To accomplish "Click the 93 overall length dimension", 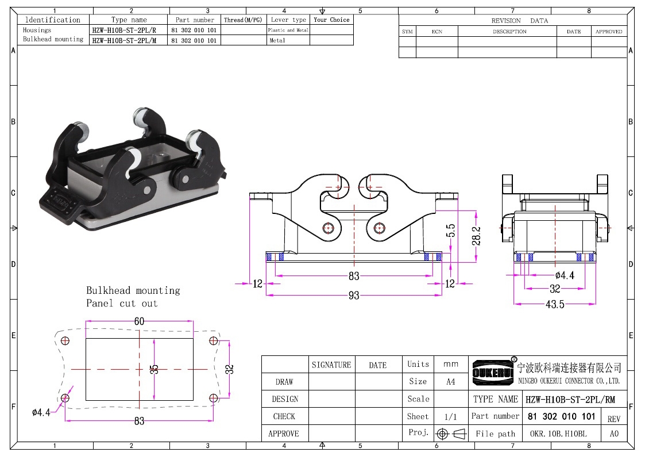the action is [354, 296].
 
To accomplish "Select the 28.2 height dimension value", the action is [476, 236].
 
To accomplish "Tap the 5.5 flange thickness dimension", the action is [451, 231].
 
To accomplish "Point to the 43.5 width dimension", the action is [555, 304].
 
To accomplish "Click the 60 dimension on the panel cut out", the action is [140, 321].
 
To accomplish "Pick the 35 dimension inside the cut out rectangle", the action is [155, 369].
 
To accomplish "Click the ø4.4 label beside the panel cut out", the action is [41, 412].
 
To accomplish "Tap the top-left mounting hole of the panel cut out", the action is [65, 341].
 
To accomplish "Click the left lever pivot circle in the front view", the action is [329, 228].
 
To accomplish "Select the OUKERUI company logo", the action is [493, 373].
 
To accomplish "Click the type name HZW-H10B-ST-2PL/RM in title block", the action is [570, 399].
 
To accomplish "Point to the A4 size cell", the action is [451, 382].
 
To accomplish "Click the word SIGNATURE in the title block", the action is [331, 365].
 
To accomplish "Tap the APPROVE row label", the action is [284, 434].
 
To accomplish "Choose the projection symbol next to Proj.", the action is [451, 434].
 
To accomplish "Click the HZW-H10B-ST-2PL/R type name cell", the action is [124, 30].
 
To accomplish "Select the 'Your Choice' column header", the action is [331, 20].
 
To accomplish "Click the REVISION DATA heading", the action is [520, 21].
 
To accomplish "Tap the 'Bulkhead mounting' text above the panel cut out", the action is [133, 290].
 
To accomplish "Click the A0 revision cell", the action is [614, 434].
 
